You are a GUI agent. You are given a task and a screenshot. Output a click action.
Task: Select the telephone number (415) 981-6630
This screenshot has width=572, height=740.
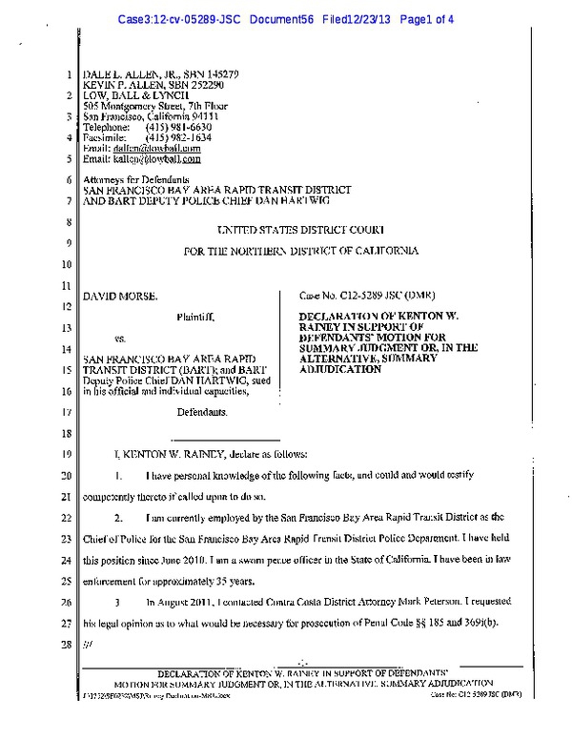click(174, 127)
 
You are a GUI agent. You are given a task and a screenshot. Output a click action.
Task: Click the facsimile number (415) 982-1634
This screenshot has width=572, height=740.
click(174, 137)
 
